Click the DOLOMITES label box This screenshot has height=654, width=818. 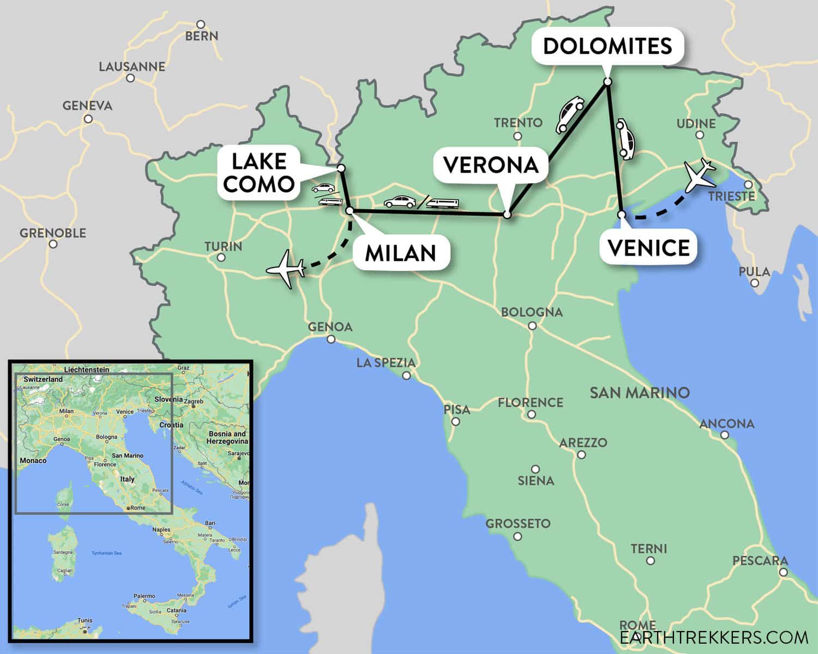tap(607, 46)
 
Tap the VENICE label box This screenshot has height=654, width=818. tap(648, 248)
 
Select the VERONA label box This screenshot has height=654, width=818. tap(491, 165)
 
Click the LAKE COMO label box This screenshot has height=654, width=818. tap(258, 173)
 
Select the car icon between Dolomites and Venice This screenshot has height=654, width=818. tap(625, 140)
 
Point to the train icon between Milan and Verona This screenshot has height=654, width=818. tap(442, 203)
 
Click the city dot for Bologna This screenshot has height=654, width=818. tap(532, 326)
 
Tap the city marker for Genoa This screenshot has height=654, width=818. tap(331, 339)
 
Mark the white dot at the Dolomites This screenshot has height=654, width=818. tap(608, 82)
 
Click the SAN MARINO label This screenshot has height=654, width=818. tap(640, 392)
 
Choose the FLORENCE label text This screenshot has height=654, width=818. tap(530, 402)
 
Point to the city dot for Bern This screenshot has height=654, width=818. tap(201, 25)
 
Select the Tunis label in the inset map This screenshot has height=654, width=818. tap(85, 620)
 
